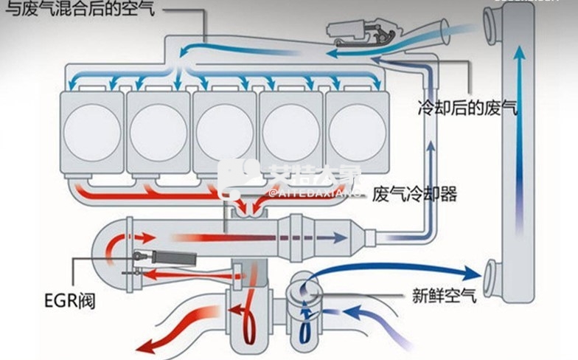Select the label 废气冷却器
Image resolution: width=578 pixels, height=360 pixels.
tap(415, 195)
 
